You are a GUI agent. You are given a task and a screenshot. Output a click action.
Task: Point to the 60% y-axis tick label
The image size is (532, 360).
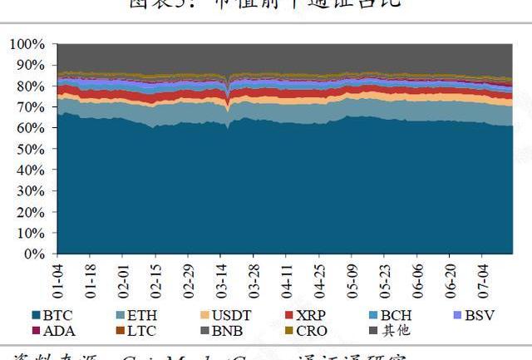click(28, 127)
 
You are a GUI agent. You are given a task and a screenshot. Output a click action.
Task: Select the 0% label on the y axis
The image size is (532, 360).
click(34, 253)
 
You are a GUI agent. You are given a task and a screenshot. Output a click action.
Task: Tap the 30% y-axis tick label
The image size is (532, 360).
click(28, 190)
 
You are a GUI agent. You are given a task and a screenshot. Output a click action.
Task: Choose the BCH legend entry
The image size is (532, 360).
click(390, 316)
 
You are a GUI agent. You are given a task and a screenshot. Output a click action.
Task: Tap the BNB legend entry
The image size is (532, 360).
click(224, 331)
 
